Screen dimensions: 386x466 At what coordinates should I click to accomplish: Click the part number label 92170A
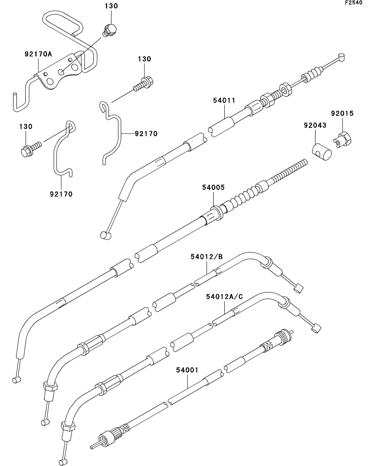pos(38,54)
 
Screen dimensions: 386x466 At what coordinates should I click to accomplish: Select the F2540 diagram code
pos(353,3)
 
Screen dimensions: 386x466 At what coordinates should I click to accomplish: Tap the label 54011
pos(224,101)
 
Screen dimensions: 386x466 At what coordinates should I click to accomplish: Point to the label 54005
pos(213,188)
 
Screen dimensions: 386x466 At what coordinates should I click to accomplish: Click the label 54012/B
pos(207,256)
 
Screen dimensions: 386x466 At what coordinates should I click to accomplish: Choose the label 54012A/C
pos(224,297)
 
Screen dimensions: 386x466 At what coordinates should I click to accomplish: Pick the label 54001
pos(187,370)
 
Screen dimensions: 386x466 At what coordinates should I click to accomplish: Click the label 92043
pos(315,125)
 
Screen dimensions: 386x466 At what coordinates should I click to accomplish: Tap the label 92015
pos(343,114)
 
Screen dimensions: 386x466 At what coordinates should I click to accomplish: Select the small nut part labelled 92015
pos(343,139)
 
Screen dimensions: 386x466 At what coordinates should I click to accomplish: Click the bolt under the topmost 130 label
pos(110,30)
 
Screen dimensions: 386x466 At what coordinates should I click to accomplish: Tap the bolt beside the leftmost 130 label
pos(31,149)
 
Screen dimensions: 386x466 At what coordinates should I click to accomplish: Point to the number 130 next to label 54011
pos(144,59)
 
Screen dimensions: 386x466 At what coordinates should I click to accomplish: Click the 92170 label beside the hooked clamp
pos(146,134)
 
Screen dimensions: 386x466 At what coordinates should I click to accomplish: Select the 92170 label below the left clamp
pos(61,194)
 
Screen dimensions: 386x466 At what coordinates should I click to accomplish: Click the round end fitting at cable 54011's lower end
pos(106,235)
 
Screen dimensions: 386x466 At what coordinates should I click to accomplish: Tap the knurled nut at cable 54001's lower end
pos(106,437)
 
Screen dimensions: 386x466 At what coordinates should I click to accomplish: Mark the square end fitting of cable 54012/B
pos(298,288)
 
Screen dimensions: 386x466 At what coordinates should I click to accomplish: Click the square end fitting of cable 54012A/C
pos(316,328)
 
